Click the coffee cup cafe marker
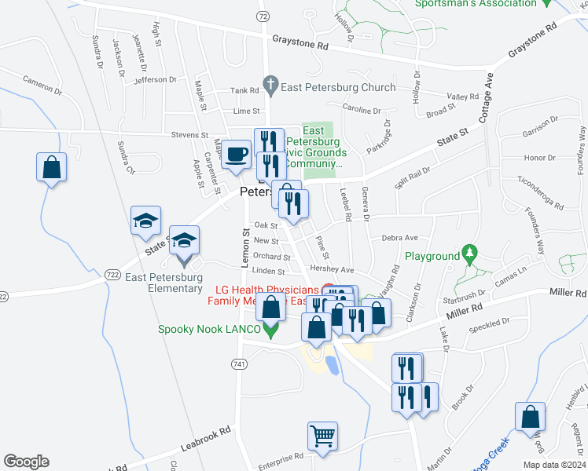coord(236,154)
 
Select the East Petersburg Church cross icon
coord(271,82)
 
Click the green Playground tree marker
coord(470,254)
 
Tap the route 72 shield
coord(263,16)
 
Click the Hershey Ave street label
coord(329,268)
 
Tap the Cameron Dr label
coord(42,84)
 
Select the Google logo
coord(26,462)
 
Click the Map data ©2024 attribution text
coord(553,465)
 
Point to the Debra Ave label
coord(399,237)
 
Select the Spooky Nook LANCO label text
coord(208,330)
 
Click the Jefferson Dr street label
coord(156,80)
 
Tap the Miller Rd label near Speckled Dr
coord(462,314)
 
